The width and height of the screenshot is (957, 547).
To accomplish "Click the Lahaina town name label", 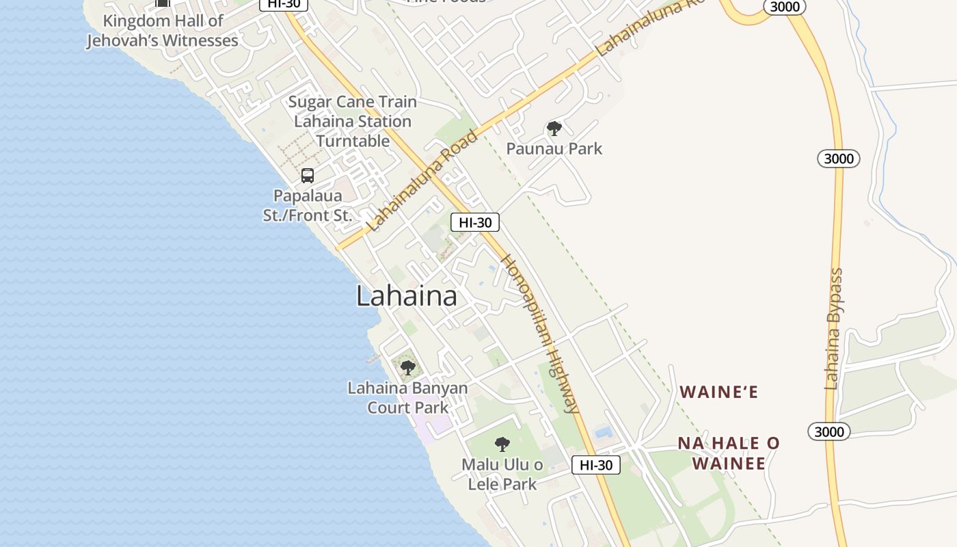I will tap(407, 296).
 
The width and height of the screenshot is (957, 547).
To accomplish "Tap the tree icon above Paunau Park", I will tap(554, 129).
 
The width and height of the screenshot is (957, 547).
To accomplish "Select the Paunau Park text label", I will tap(554, 148).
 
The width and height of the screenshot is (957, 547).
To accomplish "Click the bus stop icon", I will tap(308, 176).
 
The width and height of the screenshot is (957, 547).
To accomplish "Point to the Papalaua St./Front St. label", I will tap(307, 205).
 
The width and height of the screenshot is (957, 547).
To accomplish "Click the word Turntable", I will tap(353, 141).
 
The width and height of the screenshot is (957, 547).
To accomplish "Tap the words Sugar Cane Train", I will tap(352, 102).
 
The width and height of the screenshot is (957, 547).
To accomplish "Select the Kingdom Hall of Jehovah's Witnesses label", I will tap(163, 31).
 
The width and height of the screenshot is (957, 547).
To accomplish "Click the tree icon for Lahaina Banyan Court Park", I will tap(408, 368).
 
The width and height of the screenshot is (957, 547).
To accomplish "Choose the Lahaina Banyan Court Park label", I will tap(408, 398).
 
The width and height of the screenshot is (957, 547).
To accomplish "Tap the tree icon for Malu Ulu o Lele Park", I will tap(502, 444).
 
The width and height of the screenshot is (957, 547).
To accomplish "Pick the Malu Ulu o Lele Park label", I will tap(502, 475).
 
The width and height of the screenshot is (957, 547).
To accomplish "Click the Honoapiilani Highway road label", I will tap(540, 334).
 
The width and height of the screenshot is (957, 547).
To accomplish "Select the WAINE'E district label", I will tap(718, 392).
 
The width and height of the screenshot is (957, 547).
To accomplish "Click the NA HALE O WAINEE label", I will tap(729, 453).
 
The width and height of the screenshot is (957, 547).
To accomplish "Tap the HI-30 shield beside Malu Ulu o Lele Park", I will tap(595, 465).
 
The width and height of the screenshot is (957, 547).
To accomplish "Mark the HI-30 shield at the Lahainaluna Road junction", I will tap(475, 222).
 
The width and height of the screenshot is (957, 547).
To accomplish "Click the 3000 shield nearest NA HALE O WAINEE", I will tap(829, 431).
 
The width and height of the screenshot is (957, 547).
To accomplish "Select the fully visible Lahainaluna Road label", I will tap(422, 180).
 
